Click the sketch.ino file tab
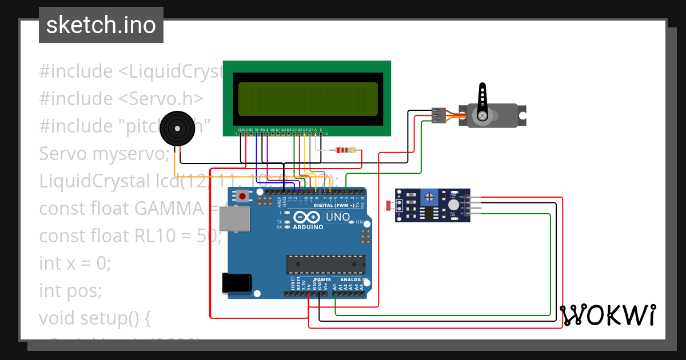click(101, 25)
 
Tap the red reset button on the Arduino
click(243, 197)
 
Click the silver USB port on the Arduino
click(235, 219)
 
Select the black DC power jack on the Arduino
click(237, 283)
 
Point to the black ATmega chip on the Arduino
click(325, 264)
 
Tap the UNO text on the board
click(337, 217)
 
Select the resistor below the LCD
click(346, 150)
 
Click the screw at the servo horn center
click(483, 116)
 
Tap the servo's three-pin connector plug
click(438, 115)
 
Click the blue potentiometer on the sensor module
click(428, 197)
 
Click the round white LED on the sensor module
click(453, 205)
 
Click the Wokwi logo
click(608, 315)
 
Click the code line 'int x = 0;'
click(75, 263)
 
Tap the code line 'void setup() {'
click(94, 318)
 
